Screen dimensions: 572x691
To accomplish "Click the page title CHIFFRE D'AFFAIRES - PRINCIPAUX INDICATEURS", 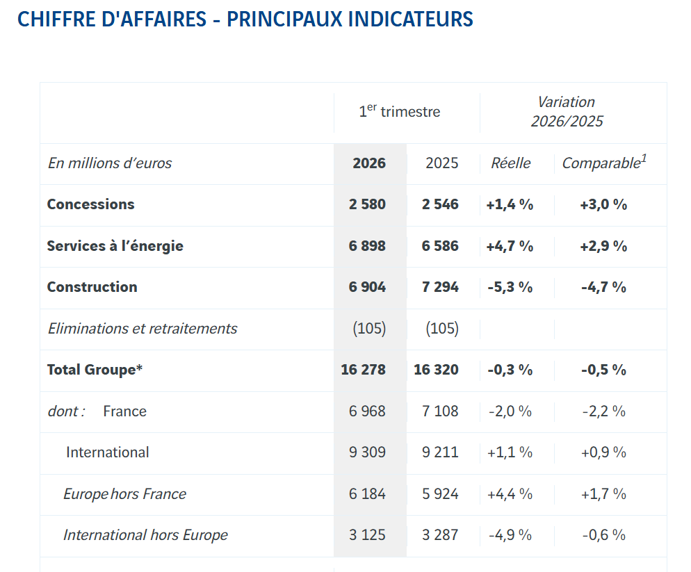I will click(245, 19).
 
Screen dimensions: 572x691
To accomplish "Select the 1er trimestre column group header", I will click(399, 111).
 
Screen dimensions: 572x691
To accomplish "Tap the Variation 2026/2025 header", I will click(567, 112).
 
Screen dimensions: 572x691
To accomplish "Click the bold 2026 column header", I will click(369, 163).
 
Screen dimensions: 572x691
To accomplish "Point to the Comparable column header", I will click(603, 163).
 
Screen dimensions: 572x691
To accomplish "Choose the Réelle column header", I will click(510, 163).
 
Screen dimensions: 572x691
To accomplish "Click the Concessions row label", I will click(90, 204).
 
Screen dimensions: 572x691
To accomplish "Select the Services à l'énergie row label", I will click(115, 246).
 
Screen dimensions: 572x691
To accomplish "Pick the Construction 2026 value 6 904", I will click(367, 287).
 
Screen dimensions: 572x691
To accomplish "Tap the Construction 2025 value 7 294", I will click(440, 287).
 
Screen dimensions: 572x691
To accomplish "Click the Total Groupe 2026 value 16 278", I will click(363, 370).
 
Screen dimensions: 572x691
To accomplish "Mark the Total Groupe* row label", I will click(95, 370).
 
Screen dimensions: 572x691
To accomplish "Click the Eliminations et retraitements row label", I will click(143, 329).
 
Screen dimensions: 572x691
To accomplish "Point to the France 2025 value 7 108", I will click(440, 411).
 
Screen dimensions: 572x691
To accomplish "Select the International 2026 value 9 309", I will click(367, 452).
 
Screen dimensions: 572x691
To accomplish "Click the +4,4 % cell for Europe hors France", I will click(510, 494).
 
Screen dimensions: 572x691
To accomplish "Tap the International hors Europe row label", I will click(145, 535).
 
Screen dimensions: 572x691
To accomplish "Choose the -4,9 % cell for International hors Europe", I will click(510, 535).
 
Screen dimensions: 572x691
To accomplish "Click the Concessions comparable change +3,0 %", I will click(603, 204).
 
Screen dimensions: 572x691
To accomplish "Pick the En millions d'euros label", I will click(110, 163).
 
